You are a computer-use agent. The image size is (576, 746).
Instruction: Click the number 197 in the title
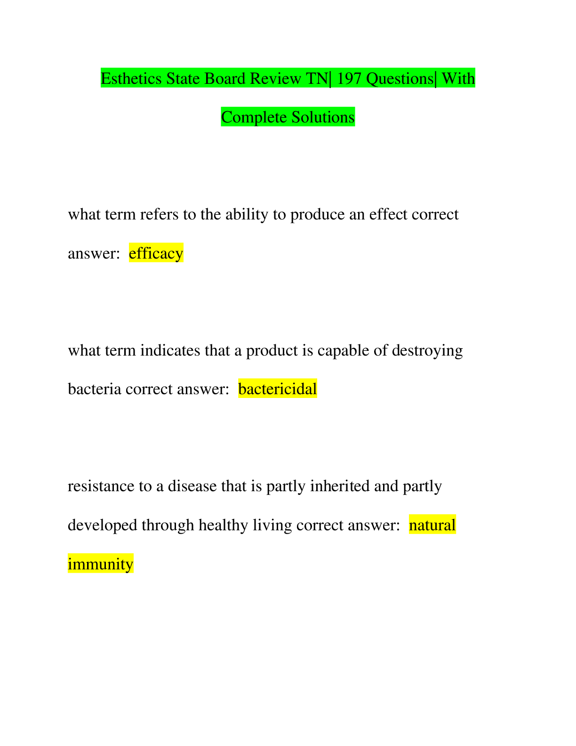(x=349, y=79)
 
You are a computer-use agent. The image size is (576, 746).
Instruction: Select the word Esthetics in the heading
(x=131, y=79)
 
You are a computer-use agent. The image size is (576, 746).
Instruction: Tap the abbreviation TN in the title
(x=317, y=79)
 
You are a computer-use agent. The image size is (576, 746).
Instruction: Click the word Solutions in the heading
(x=323, y=117)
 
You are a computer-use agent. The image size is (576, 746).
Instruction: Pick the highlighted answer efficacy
(x=156, y=253)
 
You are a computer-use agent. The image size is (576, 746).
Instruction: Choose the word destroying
(x=427, y=350)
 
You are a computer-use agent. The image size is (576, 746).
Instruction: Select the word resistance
(x=101, y=486)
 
